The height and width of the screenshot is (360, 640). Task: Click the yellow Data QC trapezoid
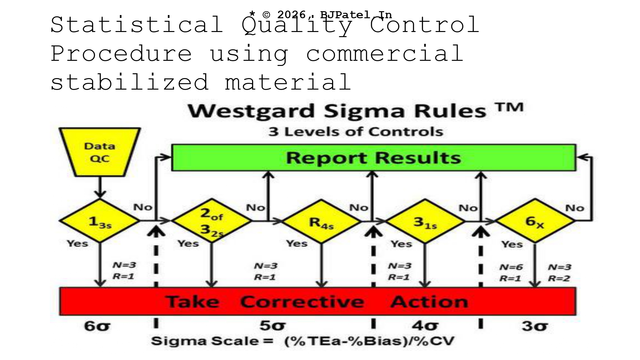pos(100,152)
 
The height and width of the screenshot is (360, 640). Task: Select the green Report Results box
pos(374,158)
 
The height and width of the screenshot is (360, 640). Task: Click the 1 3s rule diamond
pos(100,221)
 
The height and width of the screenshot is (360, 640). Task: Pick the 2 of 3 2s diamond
pos(212,221)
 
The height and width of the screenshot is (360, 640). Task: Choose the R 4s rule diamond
pos(321,221)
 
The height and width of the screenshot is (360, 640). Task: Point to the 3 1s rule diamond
pos(425,221)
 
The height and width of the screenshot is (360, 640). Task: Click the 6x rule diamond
pos(535,221)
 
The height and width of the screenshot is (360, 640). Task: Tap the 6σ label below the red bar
pos(97,326)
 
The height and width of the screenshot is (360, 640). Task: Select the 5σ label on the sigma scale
pos(272,326)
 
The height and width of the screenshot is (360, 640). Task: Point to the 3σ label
pos(535,326)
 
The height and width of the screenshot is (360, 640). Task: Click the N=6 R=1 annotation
pos(511,273)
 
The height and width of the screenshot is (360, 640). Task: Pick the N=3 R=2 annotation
pos(560,273)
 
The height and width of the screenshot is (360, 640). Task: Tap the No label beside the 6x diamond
pos(575,208)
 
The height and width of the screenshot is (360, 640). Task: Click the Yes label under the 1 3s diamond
pos(77,244)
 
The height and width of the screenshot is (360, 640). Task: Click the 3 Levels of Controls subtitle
pos(356,132)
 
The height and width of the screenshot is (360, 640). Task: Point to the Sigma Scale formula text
pos(302,341)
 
